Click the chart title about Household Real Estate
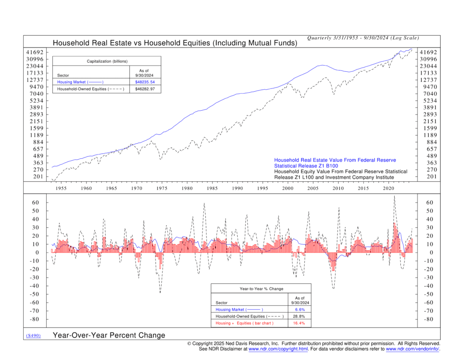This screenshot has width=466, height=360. (x=175, y=43)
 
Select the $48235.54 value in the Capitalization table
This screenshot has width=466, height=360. (x=145, y=82)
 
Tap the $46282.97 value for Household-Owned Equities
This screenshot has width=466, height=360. (x=145, y=89)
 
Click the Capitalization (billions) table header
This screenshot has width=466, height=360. (x=107, y=61)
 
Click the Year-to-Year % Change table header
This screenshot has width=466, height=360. (x=261, y=289)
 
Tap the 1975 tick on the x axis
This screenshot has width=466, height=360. (x=162, y=189)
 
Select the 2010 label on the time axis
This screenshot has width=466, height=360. (x=338, y=189)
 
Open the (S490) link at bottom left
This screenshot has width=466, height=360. (x=33, y=336)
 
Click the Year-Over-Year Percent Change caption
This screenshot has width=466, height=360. (x=109, y=335)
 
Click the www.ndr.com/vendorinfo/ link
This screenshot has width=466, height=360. (x=412, y=349)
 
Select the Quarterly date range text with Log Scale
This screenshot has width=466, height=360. (x=363, y=38)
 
